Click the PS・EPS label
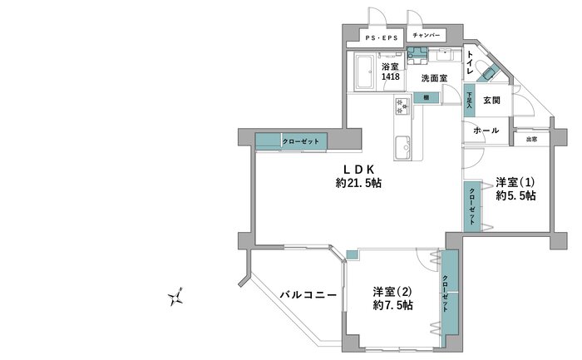tap(382, 38)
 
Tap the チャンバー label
tap(426, 35)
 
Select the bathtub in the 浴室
tap(364, 72)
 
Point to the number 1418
tap(391, 76)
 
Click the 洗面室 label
tap(434, 78)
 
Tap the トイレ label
tap(470, 62)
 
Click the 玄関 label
tap(492, 101)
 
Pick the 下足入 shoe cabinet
tap(469, 100)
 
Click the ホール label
tap(486, 131)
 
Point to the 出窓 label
tap(531, 140)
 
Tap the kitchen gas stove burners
tap(402, 106)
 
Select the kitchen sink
tap(402, 148)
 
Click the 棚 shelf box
tap(427, 97)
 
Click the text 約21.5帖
tap(358, 183)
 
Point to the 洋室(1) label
tap(515, 182)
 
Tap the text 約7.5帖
tap(393, 305)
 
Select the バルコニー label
tap(308, 295)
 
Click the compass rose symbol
tap(176, 297)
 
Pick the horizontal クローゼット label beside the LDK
tap(301, 141)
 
